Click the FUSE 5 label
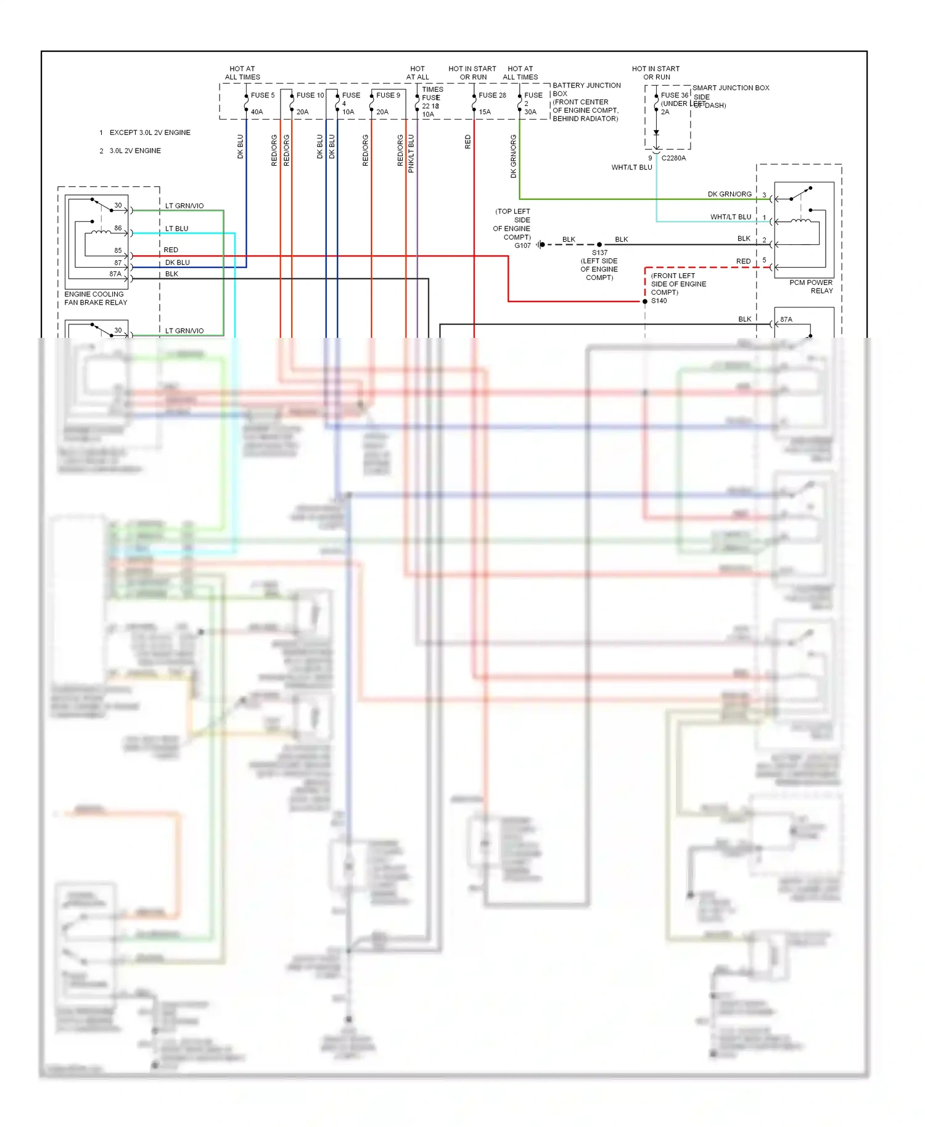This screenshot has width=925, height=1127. coord(263,96)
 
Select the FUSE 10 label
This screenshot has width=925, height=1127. coord(310,96)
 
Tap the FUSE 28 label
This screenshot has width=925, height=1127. coord(492,96)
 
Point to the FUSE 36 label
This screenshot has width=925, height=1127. coord(675,96)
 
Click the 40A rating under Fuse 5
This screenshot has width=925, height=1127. coord(257,112)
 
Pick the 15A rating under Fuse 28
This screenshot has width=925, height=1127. coord(485,112)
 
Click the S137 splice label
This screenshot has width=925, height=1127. coord(599,253)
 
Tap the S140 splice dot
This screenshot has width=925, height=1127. coord(645,301)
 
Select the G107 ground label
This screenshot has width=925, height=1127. coord(522,245)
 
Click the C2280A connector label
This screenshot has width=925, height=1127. coord(673,158)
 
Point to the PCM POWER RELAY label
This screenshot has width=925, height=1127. coord(812,287)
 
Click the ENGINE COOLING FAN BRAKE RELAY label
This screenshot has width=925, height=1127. coord(96,298)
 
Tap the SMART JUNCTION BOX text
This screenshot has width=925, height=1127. coord(731,88)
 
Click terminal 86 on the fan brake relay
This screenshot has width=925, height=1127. coord(118,228)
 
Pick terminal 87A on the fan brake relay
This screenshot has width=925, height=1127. coord(115,274)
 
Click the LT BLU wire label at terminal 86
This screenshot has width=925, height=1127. coord(176,229)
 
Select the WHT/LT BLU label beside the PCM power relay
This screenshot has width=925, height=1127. coord(730,217)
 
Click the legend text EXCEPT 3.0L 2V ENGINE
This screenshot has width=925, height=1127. coord(150,133)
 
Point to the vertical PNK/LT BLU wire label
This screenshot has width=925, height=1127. coord(411,154)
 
